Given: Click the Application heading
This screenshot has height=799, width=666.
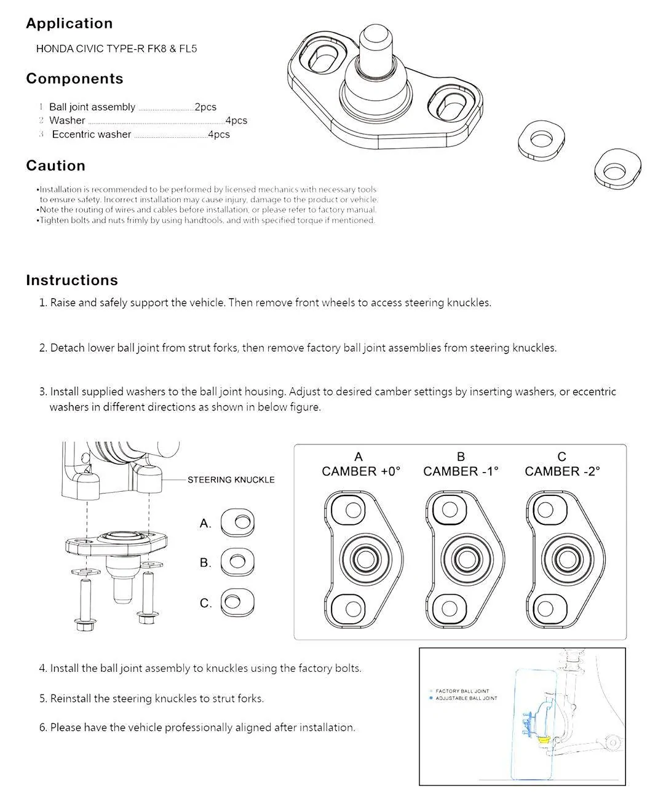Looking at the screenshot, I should [x=69, y=24].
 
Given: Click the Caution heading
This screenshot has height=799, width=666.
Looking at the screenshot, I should [x=55, y=166].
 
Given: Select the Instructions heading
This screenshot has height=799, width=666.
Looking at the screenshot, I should [x=71, y=280].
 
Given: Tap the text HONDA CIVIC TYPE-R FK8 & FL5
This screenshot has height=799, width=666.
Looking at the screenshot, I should [x=116, y=49].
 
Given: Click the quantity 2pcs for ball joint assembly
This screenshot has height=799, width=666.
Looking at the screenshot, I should [x=205, y=107].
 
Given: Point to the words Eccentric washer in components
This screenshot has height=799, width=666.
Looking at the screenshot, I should [x=91, y=135].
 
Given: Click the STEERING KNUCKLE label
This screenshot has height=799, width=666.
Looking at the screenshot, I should [x=231, y=479].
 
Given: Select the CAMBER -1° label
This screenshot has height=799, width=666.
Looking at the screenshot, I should [x=461, y=471].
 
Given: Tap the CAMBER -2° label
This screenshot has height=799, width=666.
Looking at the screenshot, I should [x=562, y=471].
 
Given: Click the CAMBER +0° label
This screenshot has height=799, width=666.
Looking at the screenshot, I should [x=360, y=471].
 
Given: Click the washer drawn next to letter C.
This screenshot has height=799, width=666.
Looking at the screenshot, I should [x=237, y=602].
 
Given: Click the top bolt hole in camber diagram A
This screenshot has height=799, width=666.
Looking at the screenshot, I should [x=354, y=510].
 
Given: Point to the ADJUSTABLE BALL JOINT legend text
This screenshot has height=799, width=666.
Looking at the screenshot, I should [x=466, y=698].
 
